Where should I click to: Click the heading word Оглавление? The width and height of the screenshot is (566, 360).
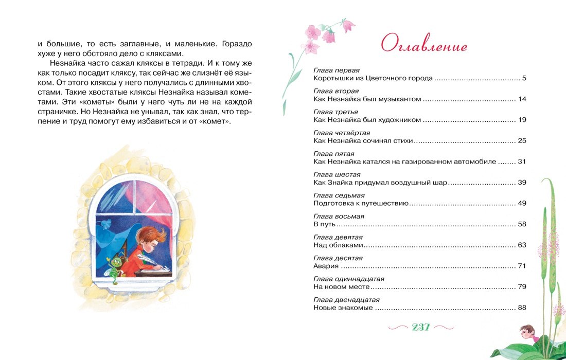tap(424, 45)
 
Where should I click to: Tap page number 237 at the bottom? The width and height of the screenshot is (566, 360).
tap(421, 327)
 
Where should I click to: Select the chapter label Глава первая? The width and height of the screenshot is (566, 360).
tap(336, 70)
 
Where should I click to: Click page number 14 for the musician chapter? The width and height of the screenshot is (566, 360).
tap(522, 99)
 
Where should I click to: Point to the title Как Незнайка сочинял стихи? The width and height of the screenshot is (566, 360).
tap(363, 141)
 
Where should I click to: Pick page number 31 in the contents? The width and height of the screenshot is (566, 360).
tap(522, 161)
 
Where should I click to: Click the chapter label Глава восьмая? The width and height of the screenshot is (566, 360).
tap(339, 217)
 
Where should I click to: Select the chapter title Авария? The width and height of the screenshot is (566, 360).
tap(326, 266)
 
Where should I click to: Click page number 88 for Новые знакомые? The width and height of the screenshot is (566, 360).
tap(522, 308)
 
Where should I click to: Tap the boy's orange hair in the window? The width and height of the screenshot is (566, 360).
tap(154, 236)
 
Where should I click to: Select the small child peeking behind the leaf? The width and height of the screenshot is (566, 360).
tap(525, 332)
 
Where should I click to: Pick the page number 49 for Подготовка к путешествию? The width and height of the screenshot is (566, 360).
tap(522, 204)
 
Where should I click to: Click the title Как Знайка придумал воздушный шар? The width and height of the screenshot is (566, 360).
tap(380, 183)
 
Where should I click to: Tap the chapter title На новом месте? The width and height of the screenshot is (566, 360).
tap(342, 287)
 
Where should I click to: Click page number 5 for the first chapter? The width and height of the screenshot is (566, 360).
tap(524, 79)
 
